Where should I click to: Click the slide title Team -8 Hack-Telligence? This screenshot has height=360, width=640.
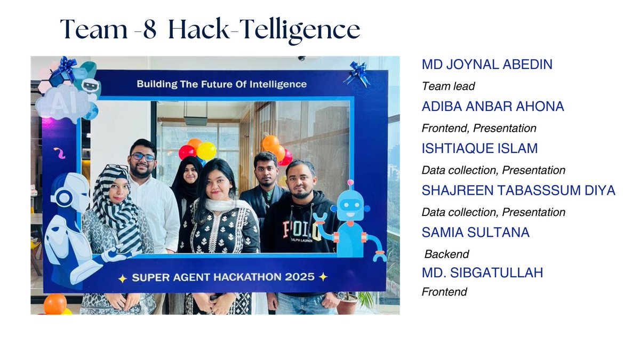210,29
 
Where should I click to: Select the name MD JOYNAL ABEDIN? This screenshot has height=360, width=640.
486,65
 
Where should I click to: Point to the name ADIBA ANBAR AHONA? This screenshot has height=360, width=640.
492,107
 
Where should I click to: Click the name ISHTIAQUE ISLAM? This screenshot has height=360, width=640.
479,148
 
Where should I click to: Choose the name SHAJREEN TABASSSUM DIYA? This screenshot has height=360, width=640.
518,190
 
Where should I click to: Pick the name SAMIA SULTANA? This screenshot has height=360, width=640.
475,232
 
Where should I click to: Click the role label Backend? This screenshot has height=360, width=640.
446,254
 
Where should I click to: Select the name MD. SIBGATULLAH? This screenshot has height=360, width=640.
482,273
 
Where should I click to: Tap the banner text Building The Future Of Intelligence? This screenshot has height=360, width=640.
221,84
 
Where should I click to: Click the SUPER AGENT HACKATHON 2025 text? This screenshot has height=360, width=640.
222,277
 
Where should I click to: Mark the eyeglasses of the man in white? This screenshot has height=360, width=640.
142,157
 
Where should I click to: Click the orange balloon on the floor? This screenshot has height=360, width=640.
55,304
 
